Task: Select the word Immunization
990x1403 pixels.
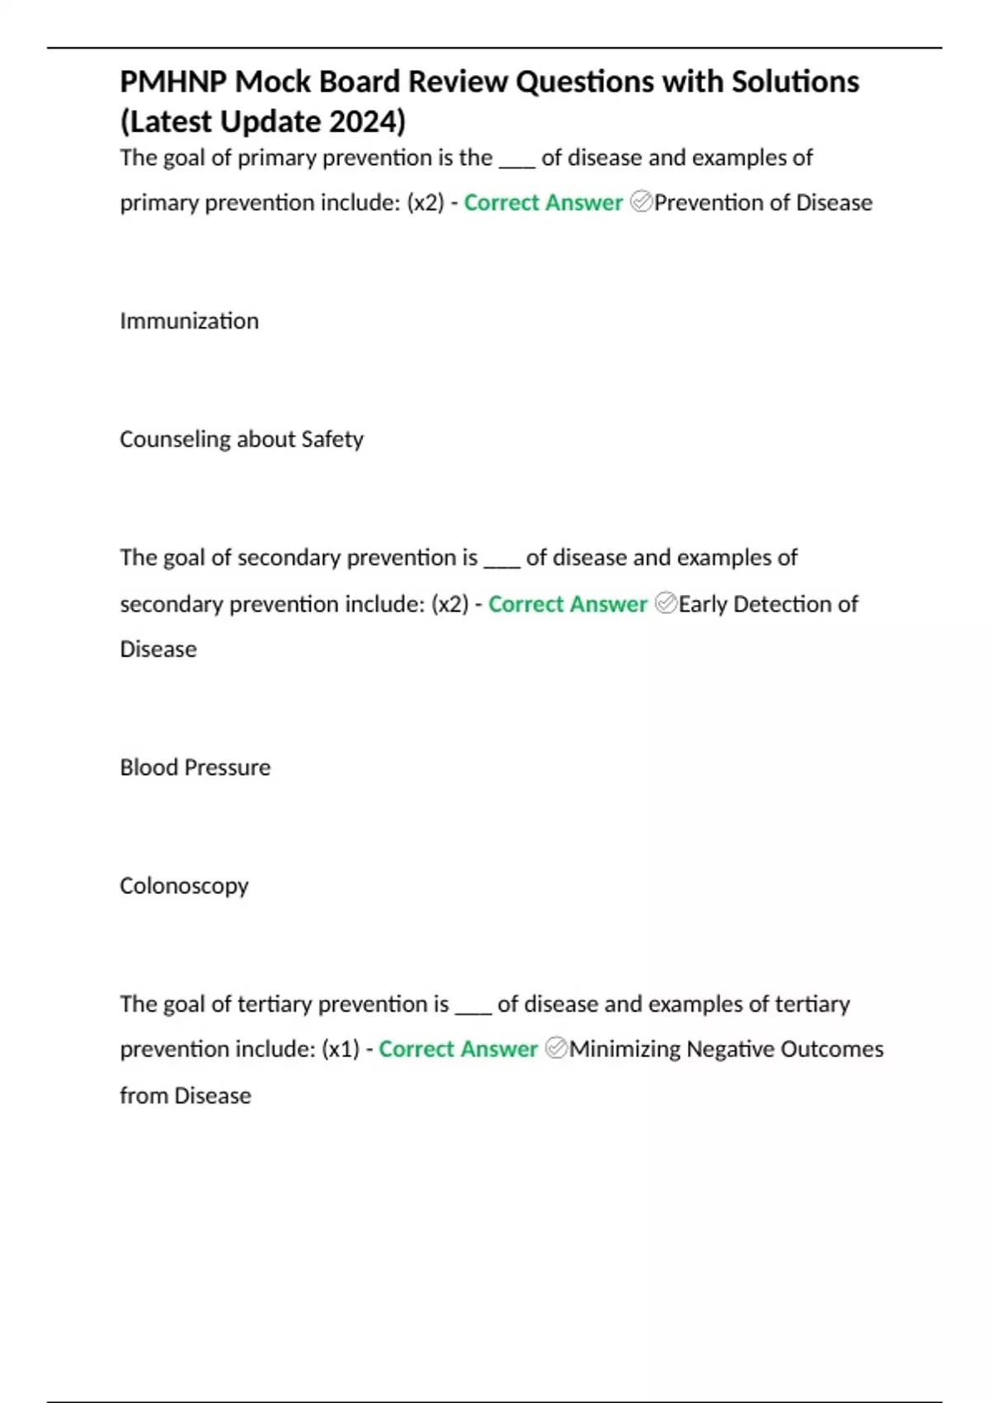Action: [x=189, y=320]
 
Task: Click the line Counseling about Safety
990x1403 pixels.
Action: [x=241, y=439]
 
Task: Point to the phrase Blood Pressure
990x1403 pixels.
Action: [x=195, y=768]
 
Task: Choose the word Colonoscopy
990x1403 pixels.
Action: [x=184, y=886]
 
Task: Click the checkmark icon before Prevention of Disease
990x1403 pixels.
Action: [x=641, y=202]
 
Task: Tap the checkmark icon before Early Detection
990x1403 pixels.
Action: [x=666, y=604]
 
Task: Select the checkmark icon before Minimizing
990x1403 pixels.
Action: [x=557, y=1049]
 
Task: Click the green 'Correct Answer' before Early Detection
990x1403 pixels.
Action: [x=568, y=604]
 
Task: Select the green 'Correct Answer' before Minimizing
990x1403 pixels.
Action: [x=458, y=1049]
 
